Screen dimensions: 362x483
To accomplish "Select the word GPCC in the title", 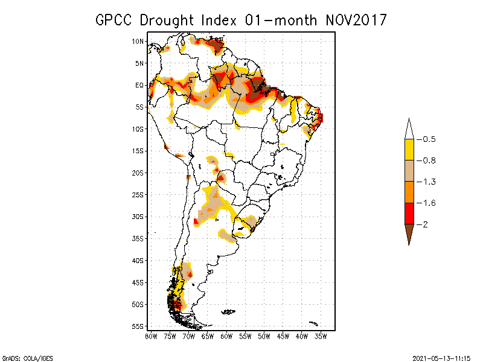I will pos(115,20).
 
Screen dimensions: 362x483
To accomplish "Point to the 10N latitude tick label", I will pos(138,41).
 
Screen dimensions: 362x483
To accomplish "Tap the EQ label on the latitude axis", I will pos(139,85).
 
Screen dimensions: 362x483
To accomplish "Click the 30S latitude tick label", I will pos(138,217).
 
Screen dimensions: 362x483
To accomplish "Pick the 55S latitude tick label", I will pos(138,326).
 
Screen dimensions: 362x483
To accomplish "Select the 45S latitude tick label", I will pos(138,282).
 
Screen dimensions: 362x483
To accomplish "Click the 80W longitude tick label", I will pos(151,336).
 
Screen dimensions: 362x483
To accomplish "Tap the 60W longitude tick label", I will pos(226,336).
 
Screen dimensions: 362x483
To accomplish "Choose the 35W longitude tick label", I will pos(321,336).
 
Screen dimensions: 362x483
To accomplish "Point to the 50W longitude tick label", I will pos(264,336).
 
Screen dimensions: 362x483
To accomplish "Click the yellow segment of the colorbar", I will pos(409,150).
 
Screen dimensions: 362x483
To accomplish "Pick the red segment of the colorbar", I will pos(409,214).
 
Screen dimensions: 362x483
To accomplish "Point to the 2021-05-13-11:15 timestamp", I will pos(441,357).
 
